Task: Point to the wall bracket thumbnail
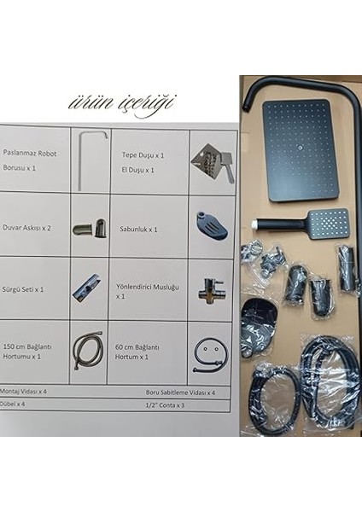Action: click(x=89, y=227)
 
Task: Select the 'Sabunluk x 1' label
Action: click(x=140, y=230)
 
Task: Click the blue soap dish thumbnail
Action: click(x=210, y=225)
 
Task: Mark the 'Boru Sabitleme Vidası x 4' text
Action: click(x=180, y=391)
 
